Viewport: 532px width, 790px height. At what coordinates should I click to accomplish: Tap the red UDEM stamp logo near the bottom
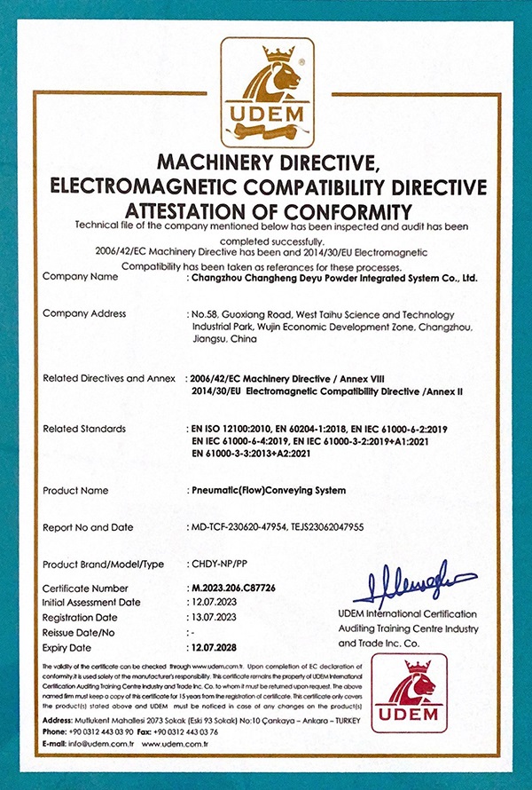click(x=409, y=693)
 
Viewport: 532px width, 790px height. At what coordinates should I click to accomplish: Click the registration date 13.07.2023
click(x=215, y=617)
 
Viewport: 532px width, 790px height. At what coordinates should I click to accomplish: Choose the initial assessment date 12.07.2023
click(x=215, y=602)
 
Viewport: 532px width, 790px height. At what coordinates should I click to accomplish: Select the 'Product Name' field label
click(x=76, y=490)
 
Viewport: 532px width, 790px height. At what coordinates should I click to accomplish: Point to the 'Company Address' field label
click(x=84, y=313)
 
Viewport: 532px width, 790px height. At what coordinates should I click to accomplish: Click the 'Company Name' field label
click(x=80, y=276)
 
